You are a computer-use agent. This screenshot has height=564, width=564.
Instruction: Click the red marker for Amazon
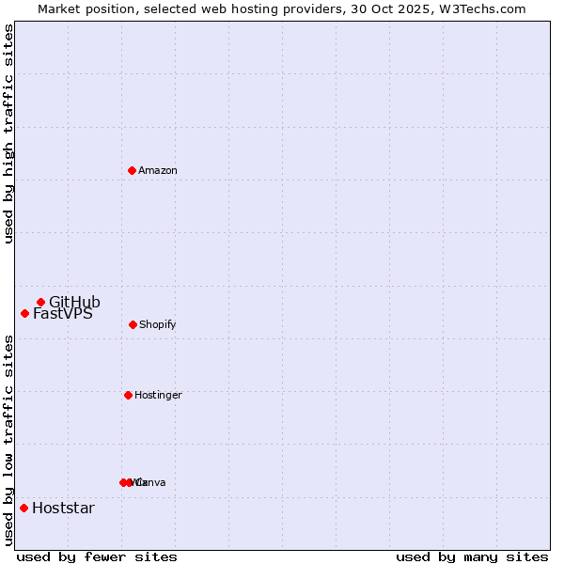pyautogui.click(x=132, y=170)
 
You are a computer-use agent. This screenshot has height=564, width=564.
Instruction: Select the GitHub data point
pyautogui.click(x=40, y=302)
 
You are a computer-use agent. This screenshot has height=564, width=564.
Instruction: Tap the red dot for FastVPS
pyautogui.click(x=24, y=313)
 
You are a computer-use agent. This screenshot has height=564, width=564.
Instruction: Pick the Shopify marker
pyautogui.click(x=133, y=324)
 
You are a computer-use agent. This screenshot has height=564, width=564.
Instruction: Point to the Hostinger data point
pyautogui.click(x=128, y=395)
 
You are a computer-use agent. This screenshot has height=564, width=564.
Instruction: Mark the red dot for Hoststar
pyautogui.click(x=23, y=508)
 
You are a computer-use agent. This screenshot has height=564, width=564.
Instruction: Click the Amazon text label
pyautogui.click(x=158, y=170)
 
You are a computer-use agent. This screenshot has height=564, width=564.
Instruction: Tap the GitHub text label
pyautogui.click(x=74, y=302)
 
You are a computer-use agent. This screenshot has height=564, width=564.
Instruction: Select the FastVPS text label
pyautogui.click(x=63, y=314)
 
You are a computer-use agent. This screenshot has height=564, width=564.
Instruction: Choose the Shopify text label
pyautogui.click(x=157, y=324)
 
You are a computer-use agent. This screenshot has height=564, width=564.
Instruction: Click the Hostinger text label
pyautogui.click(x=158, y=395)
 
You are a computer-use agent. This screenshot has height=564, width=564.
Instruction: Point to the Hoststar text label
pyautogui.click(x=63, y=509)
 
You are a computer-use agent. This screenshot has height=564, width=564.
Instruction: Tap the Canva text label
pyautogui.click(x=151, y=482)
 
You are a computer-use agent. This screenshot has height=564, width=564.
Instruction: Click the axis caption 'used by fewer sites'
pyautogui.click(x=97, y=556)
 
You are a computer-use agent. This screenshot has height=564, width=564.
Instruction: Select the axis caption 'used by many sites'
pyautogui.click(x=472, y=556)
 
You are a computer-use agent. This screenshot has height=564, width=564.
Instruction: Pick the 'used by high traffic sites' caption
pyautogui.click(x=9, y=133)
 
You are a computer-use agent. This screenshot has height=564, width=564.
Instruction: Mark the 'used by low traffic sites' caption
pyautogui.click(x=9, y=440)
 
